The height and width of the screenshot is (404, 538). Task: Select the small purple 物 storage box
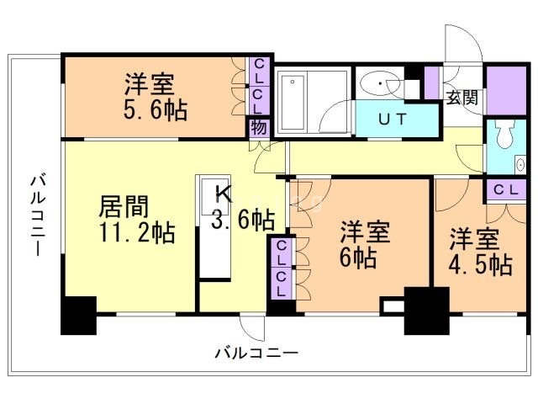pyautogui.click(x=258, y=127)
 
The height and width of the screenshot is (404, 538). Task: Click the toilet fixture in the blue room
pyautogui.click(x=504, y=136)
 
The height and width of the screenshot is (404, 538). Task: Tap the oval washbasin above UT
pyautogui.click(x=382, y=84)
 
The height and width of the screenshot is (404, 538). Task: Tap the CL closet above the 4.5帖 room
pyautogui.click(x=505, y=189)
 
